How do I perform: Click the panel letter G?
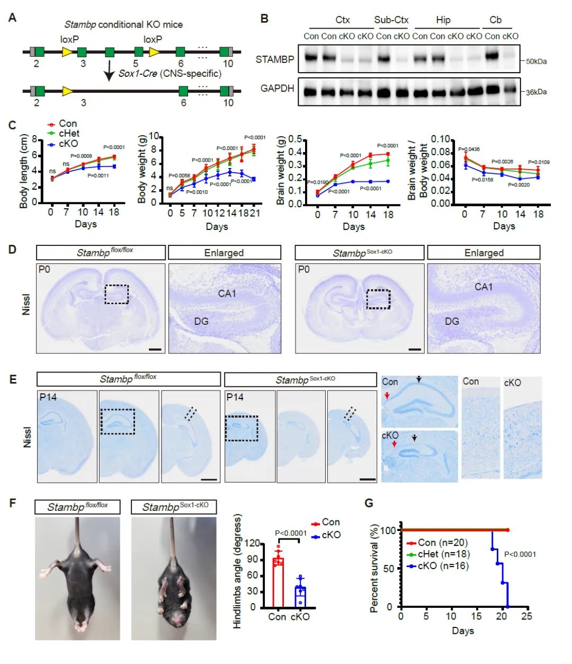pos(369,502)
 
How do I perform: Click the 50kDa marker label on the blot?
pos(536,61)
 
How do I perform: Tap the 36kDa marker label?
pos(536,92)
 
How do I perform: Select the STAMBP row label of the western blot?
pos(274,59)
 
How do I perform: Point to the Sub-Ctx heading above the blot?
pos(391,20)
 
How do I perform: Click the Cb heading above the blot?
pos(495,20)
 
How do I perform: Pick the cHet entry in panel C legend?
pos(69,134)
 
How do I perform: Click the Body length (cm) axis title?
pos(24,171)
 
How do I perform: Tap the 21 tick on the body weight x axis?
pos(255,213)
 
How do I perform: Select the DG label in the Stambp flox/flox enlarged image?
pos(201,321)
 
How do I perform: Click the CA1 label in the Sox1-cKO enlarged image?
pos(484,287)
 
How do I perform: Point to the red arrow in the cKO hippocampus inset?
pos(394,444)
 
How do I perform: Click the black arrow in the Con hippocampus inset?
pos(419,379)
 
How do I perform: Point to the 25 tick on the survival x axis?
pos(526,616)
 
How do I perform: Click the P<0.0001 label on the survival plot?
pos(520,554)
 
